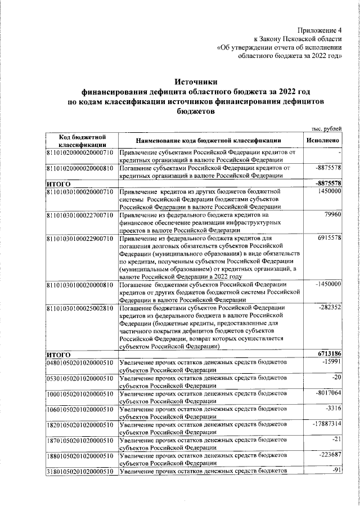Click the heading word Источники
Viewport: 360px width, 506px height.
point(195,82)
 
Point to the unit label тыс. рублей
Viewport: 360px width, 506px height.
point(327,130)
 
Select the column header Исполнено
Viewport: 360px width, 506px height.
point(323,140)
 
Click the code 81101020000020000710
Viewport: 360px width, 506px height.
point(80,153)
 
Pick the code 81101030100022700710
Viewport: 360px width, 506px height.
point(80,215)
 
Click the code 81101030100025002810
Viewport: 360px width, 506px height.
point(80,308)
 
